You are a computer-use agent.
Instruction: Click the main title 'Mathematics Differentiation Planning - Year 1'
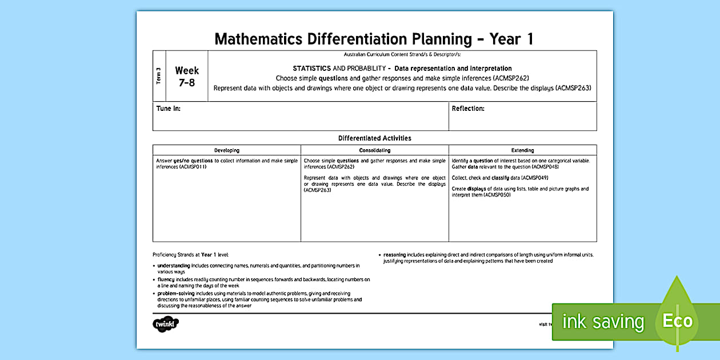[x=374, y=39]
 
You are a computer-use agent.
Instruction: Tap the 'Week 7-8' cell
[x=187, y=76]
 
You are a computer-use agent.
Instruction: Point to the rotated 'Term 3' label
[x=158, y=76]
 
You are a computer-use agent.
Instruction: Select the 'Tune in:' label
[x=168, y=109]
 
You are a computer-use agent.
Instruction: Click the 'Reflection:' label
[x=468, y=109]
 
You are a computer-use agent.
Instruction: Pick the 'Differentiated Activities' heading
[x=374, y=138]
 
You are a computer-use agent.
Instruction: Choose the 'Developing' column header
[x=227, y=150]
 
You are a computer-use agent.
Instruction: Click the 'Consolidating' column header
[x=374, y=150]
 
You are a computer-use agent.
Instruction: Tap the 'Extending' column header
[x=522, y=150]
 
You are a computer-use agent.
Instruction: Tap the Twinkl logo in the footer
[x=166, y=324]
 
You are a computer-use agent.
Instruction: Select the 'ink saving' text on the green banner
[x=603, y=322]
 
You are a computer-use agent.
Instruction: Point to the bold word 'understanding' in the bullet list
[x=174, y=265]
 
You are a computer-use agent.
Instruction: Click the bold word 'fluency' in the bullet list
[x=166, y=279]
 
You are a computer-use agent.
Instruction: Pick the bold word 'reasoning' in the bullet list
[x=395, y=255]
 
